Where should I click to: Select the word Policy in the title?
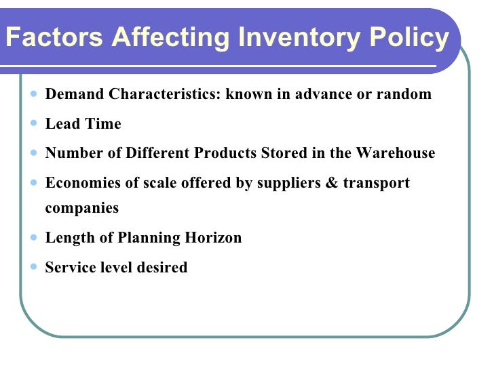click(411, 38)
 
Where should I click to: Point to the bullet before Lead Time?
click(35, 123)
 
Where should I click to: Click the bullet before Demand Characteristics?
click(35, 94)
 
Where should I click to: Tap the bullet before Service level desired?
click(35, 267)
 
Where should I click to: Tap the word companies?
click(81, 209)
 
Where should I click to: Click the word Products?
click(225, 153)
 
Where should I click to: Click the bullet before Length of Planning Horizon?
click(35, 238)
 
